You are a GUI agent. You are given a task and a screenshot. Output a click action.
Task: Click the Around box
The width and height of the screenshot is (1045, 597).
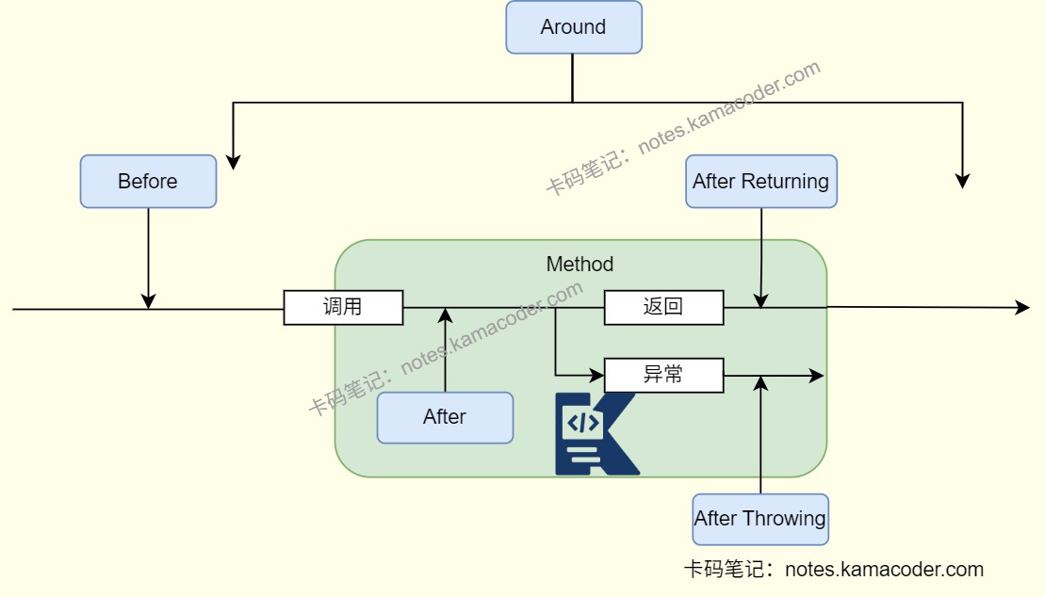click(574, 27)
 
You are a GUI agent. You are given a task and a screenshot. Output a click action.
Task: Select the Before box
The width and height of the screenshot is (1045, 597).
click(148, 181)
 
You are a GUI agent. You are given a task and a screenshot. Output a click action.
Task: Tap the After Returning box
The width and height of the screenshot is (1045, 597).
click(760, 181)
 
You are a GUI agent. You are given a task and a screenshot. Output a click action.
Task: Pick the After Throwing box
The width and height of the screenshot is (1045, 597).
click(759, 519)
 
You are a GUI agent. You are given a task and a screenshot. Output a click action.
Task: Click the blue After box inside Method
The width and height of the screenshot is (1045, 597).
click(445, 417)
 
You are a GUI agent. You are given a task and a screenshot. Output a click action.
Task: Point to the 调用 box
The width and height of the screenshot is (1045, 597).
click(343, 307)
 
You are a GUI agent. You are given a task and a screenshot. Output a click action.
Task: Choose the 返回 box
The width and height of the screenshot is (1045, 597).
click(663, 307)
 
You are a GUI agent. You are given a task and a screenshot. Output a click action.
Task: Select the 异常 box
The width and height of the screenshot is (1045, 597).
click(663, 375)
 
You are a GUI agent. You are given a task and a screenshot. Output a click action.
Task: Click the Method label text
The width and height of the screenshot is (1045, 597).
click(580, 265)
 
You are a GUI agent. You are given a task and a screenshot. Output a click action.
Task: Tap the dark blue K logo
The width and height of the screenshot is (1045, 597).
click(596, 433)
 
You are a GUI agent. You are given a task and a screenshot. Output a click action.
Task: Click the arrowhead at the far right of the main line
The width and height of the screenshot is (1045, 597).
click(1022, 308)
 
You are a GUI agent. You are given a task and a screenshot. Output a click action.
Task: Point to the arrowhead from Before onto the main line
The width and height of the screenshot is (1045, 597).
click(148, 300)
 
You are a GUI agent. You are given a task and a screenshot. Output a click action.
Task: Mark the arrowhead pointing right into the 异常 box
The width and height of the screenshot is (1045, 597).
click(596, 375)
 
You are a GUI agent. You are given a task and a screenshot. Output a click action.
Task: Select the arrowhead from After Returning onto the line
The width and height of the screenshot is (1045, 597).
click(761, 299)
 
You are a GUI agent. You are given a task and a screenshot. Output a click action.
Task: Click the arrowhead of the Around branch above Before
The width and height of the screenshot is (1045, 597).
click(233, 162)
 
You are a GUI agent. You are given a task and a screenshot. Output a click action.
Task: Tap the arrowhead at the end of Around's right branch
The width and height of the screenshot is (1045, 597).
click(962, 181)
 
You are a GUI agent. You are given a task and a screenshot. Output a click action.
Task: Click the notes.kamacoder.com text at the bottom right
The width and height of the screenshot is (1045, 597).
click(884, 570)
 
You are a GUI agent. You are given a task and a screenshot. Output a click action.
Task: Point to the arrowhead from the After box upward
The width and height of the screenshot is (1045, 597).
click(445, 315)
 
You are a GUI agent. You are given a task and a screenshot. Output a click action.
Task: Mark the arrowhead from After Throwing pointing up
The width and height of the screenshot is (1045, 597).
click(760, 383)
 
